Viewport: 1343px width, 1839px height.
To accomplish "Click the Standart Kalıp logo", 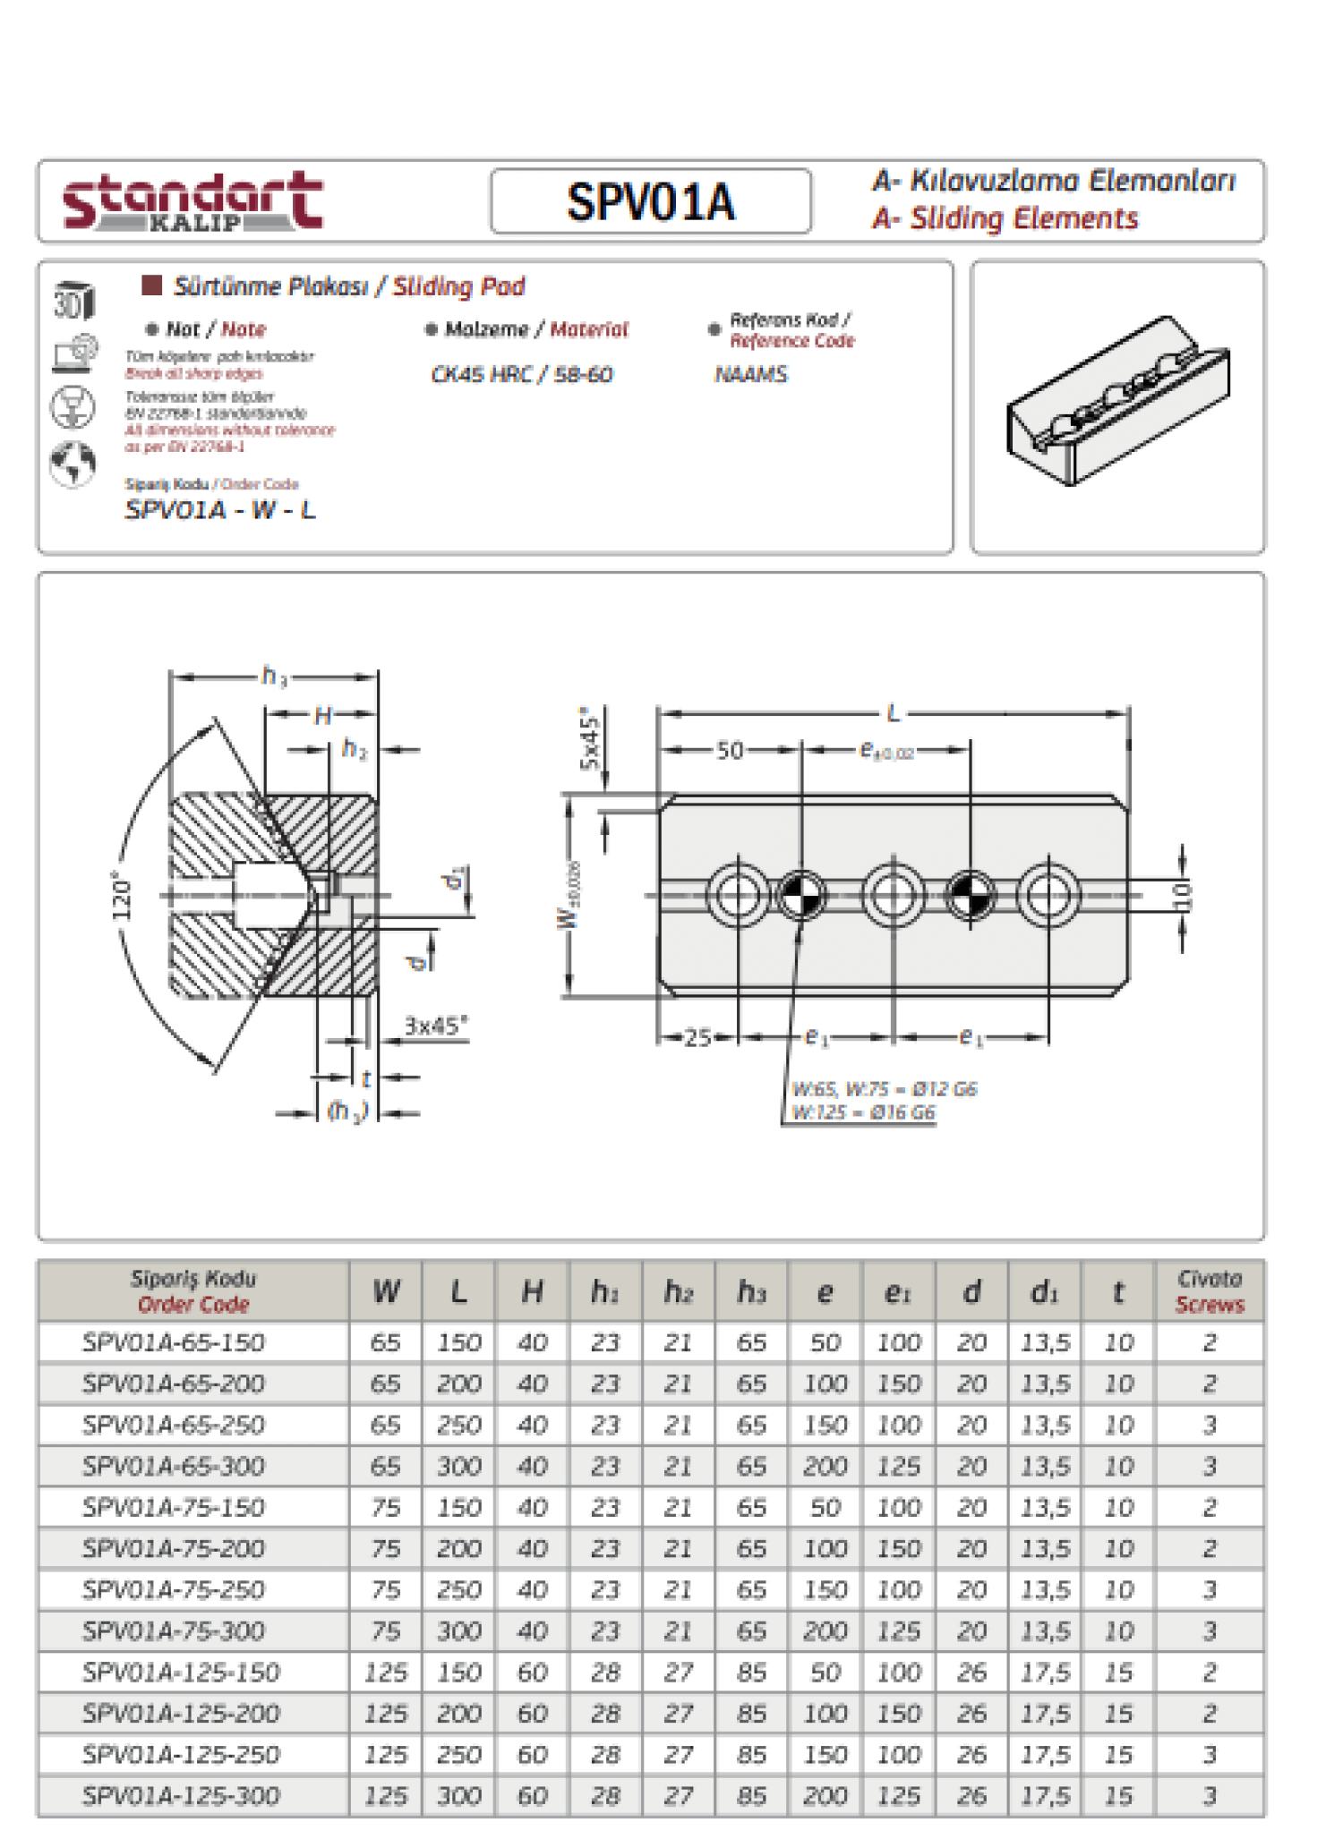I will [x=192, y=201].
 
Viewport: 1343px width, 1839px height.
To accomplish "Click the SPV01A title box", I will [x=651, y=201].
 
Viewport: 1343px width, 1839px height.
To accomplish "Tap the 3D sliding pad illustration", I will [x=1117, y=402].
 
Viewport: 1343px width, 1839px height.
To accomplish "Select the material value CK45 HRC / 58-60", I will [x=522, y=374].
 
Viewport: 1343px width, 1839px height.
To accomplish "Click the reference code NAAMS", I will [x=750, y=374].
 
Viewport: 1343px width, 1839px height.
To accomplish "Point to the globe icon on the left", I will [x=73, y=464].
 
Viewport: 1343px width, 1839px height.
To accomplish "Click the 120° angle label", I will [x=122, y=895].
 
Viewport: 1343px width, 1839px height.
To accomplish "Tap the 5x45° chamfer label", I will [x=590, y=737].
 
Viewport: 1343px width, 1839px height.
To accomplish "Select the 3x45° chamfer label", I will [x=436, y=1026].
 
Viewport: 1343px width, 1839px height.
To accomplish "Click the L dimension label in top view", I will [x=893, y=713].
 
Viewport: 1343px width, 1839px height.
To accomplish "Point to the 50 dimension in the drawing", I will [x=730, y=751].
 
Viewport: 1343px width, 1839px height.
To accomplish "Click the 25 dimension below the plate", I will [x=697, y=1037].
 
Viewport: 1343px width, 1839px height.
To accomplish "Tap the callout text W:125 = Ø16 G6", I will [x=863, y=1112].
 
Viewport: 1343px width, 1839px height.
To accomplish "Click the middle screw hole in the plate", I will [x=893, y=895].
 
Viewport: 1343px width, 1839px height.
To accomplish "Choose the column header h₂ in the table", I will [x=678, y=1291].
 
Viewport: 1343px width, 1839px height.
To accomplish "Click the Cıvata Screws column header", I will [x=1210, y=1291].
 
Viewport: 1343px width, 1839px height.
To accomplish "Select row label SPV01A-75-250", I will [x=174, y=1589].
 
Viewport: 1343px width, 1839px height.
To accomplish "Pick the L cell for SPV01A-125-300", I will [x=458, y=1795].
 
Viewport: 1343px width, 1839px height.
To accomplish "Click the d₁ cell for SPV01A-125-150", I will [x=1045, y=1672].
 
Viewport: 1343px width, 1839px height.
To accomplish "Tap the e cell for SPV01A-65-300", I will [x=825, y=1466].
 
